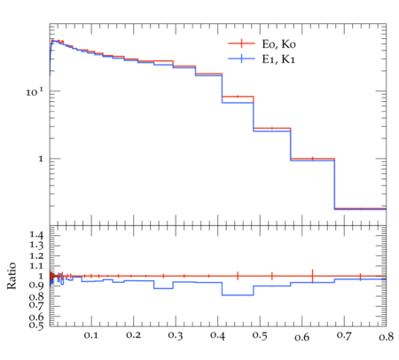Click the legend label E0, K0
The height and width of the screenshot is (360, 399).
[278, 44]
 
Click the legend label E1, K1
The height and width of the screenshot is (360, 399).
[278, 59]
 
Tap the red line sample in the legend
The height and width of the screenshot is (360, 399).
[241, 43]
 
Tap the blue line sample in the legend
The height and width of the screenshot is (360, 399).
[241, 59]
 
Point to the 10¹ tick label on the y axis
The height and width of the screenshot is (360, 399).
[35, 91]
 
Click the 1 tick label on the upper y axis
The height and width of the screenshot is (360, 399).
[41, 159]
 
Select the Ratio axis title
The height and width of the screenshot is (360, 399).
[12, 276]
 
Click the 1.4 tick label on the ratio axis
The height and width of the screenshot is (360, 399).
[36, 235]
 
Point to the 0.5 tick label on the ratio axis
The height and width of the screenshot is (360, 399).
[36, 325]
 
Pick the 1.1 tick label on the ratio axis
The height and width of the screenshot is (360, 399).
[36, 266]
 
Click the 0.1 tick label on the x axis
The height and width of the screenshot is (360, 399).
[90, 335]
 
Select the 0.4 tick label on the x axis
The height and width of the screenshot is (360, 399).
[217, 335]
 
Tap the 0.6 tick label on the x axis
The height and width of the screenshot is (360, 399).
[301, 337]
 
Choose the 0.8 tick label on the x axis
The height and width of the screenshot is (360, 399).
[386, 336]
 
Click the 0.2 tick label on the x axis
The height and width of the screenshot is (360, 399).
[133, 335]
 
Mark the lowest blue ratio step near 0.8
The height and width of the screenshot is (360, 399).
[238, 295]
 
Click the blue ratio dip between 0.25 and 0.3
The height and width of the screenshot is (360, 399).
[163, 288]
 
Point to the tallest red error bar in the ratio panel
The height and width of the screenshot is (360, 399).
[312, 276]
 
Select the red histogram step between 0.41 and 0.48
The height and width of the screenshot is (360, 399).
[238, 97]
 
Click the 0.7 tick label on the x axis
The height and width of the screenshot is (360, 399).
[344, 336]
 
